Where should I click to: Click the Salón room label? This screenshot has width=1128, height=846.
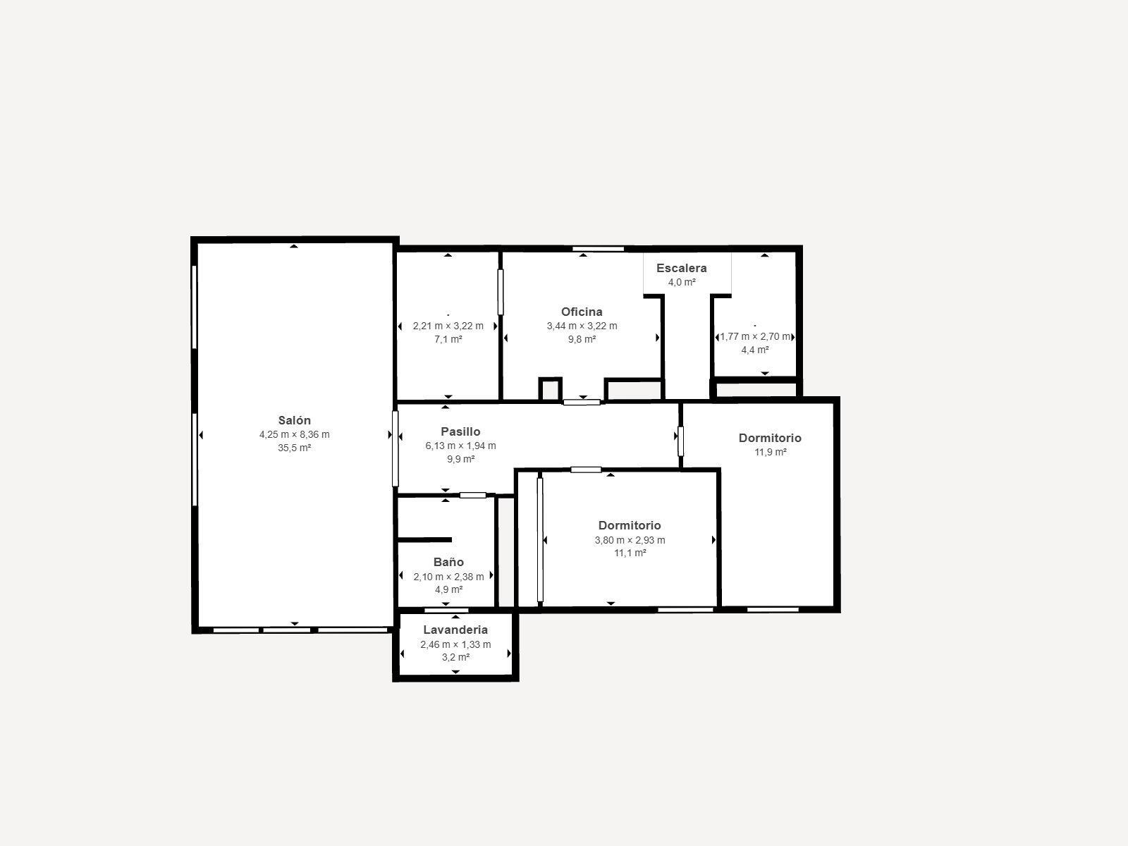click(x=295, y=420)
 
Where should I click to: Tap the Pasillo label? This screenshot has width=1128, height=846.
click(x=460, y=431)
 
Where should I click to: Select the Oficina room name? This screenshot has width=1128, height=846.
click(x=582, y=312)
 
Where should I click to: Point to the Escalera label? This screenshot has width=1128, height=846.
click(x=682, y=268)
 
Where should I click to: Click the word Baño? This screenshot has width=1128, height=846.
click(x=448, y=562)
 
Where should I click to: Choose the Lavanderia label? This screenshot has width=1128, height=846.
click(x=455, y=630)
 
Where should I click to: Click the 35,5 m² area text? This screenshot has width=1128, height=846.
click(x=295, y=448)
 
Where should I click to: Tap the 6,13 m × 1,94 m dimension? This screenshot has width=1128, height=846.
click(x=460, y=446)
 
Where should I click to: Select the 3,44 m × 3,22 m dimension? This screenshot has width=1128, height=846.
click(x=582, y=326)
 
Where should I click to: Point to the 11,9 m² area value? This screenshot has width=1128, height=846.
click(x=771, y=452)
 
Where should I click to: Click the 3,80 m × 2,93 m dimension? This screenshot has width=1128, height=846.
click(x=630, y=540)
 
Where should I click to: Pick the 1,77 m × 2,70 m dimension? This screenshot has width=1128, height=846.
click(x=755, y=336)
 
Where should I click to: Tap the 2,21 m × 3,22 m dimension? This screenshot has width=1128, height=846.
click(x=448, y=326)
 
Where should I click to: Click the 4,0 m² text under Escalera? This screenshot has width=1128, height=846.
click(x=682, y=282)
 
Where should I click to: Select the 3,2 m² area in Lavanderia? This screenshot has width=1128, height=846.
click(x=456, y=657)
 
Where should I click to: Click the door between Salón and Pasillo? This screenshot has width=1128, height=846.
click(x=396, y=448)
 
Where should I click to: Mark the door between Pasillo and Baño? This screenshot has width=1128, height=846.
click(x=473, y=495)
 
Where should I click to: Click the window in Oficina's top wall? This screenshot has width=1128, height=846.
click(x=598, y=249)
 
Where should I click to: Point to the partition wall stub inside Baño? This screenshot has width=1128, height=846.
click(x=425, y=540)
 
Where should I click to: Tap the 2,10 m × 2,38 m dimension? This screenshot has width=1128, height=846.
click(x=448, y=576)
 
